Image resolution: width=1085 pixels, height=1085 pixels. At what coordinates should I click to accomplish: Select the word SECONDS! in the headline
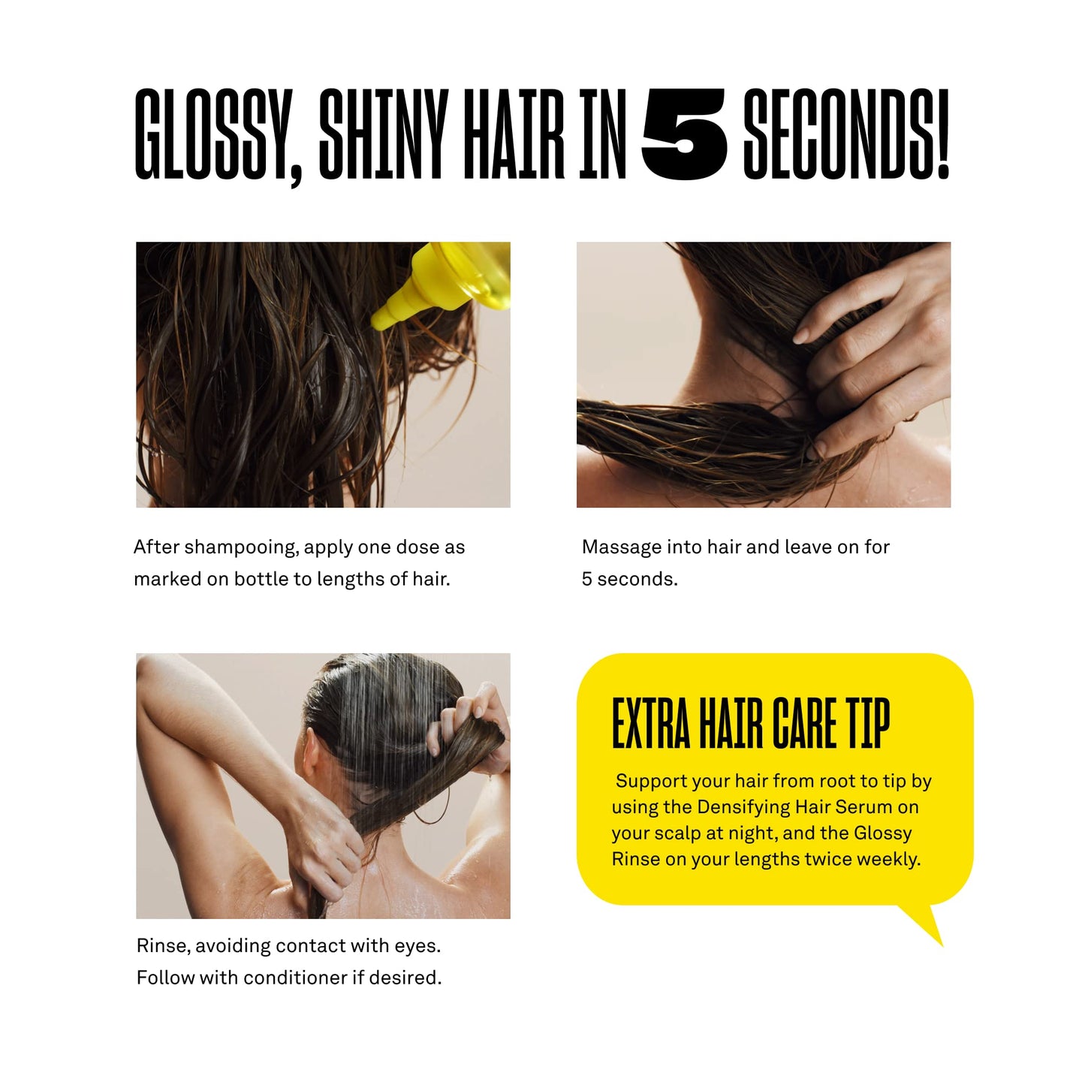[846, 135]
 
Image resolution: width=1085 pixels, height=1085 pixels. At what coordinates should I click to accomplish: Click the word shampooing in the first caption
[241, 547]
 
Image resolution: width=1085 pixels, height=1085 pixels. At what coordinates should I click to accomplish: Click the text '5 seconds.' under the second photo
[629, 580]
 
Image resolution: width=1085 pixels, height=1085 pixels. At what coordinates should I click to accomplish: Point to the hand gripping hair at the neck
[871, 360]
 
